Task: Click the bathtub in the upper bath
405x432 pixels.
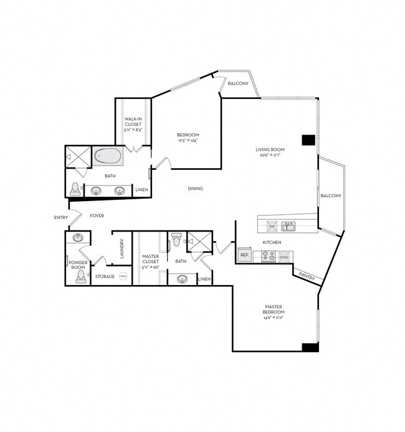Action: coord(108,156)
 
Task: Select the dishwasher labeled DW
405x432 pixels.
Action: coord(272,226)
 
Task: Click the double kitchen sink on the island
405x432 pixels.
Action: coord(288,226)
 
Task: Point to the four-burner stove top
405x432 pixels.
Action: coord(268,256)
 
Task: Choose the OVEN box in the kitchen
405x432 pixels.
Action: coord(284,256)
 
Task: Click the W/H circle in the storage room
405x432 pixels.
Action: coord(123,276)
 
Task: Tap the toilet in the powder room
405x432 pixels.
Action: coord(80,276)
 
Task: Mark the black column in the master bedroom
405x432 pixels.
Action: coord(310,347)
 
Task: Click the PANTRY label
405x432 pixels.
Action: coord(305,275)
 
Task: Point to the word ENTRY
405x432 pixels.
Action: coord(61,217)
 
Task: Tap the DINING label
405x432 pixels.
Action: coord(196,189)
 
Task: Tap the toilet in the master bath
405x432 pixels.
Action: coord(176,239)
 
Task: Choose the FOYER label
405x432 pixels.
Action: coord(97,215)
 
